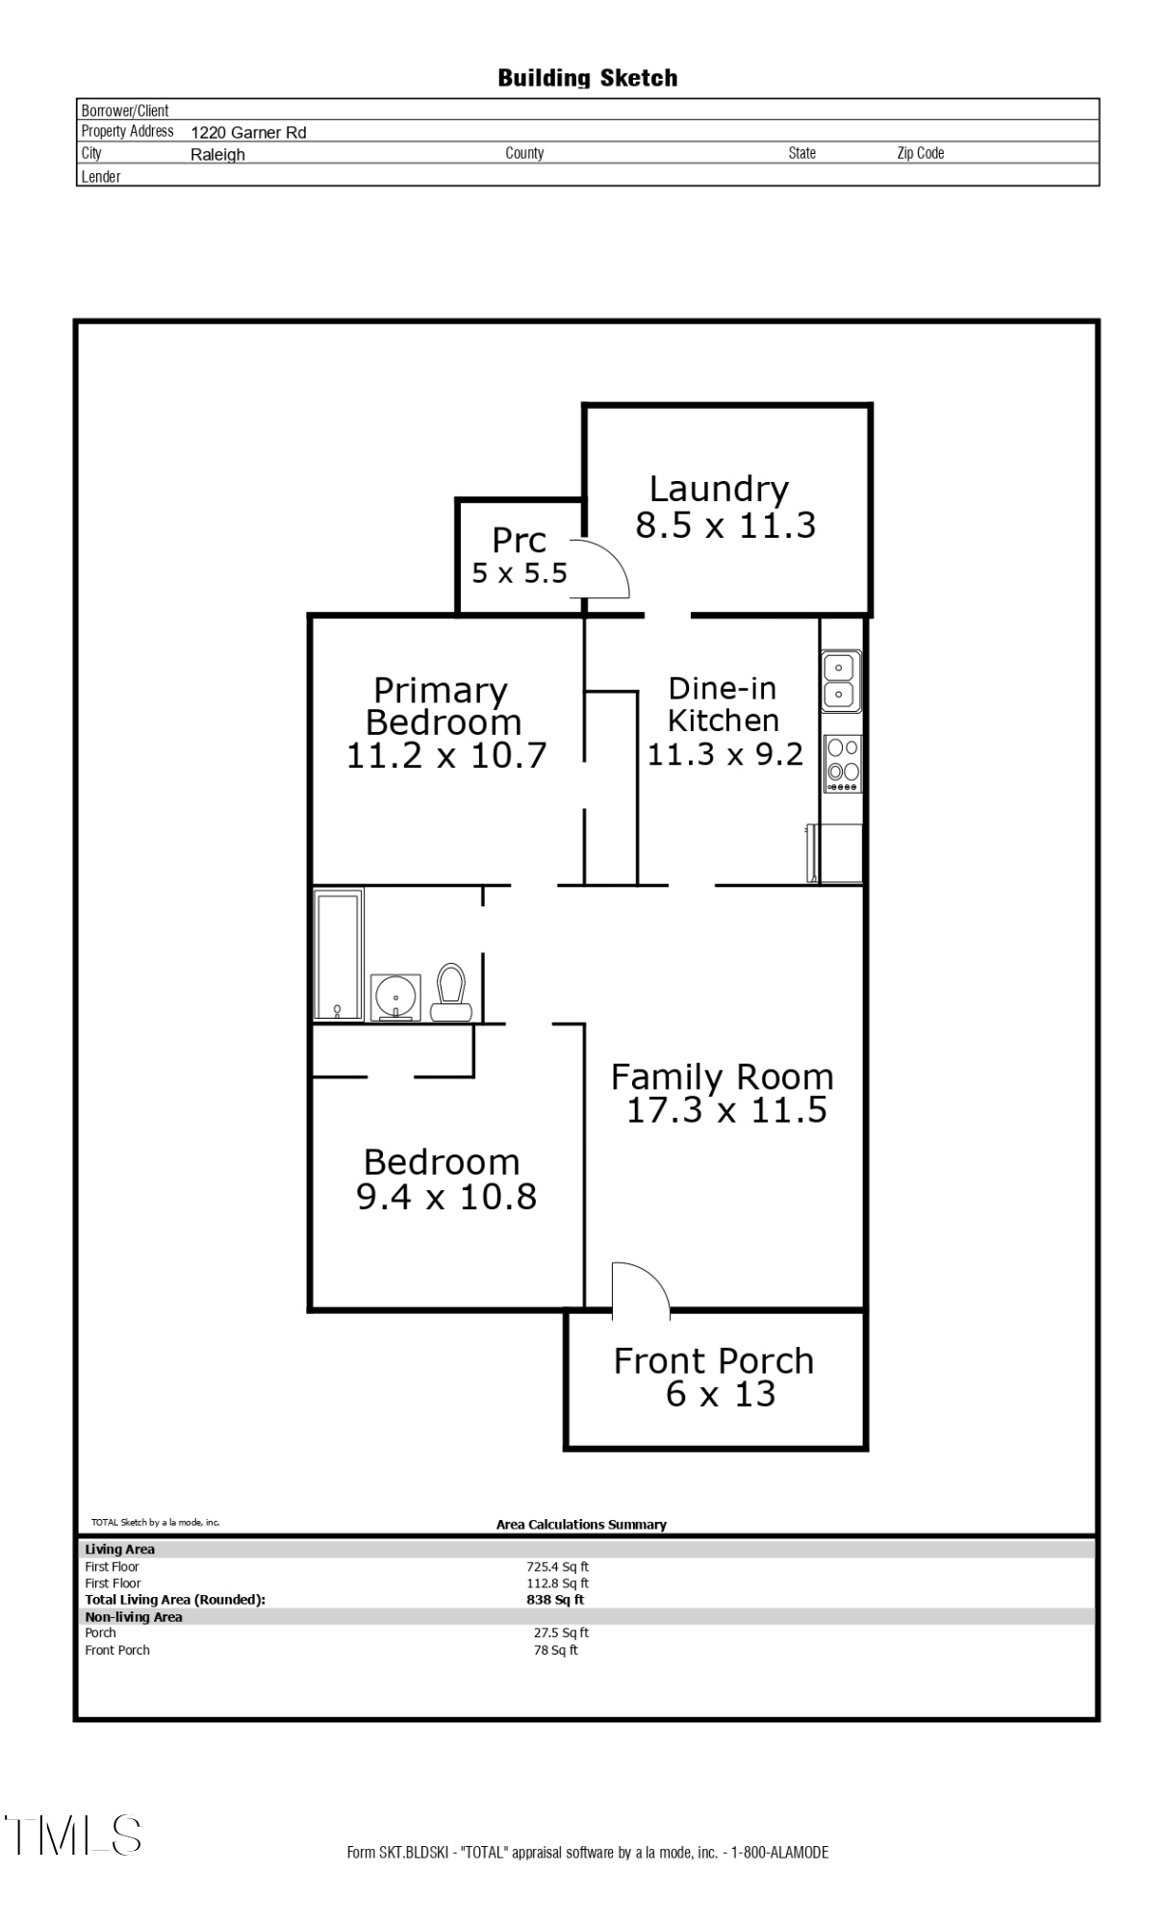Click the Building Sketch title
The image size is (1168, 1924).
pyautogui.click(x=587, y=78)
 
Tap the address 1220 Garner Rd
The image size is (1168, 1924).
pyautogui.click(x=248, y=133)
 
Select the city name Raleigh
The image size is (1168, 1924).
pyautogui.click(x=217, y=155)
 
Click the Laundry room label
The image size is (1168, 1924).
pyautogui.click(x=719, y=489)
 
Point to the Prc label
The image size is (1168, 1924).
pyautogui.click(x=520, y=541)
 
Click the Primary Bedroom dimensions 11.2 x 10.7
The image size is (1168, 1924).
pyautogui.click(x=446, y=756)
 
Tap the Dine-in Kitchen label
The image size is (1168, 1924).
pyautogui.click(x=723, y=704)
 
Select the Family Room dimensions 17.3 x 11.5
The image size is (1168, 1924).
pyautogui.click(x=726, y=1110)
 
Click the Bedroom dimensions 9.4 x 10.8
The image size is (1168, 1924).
pyautogui.click(x=446, y=1197)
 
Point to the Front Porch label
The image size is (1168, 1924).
pyautogui.click(x=714, y=1361)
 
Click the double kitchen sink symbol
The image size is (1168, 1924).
pyautogui.click(x=840, y=680)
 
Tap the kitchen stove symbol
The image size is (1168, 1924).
pyautogui.click(x=843, y=764)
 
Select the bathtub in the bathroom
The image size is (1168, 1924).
pyautogui.click(x=339, y=954)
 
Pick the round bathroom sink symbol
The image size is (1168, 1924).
pyautogui.click(x=395, y=998)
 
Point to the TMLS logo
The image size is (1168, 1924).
pyautogui.click(x=74, y=1835)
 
